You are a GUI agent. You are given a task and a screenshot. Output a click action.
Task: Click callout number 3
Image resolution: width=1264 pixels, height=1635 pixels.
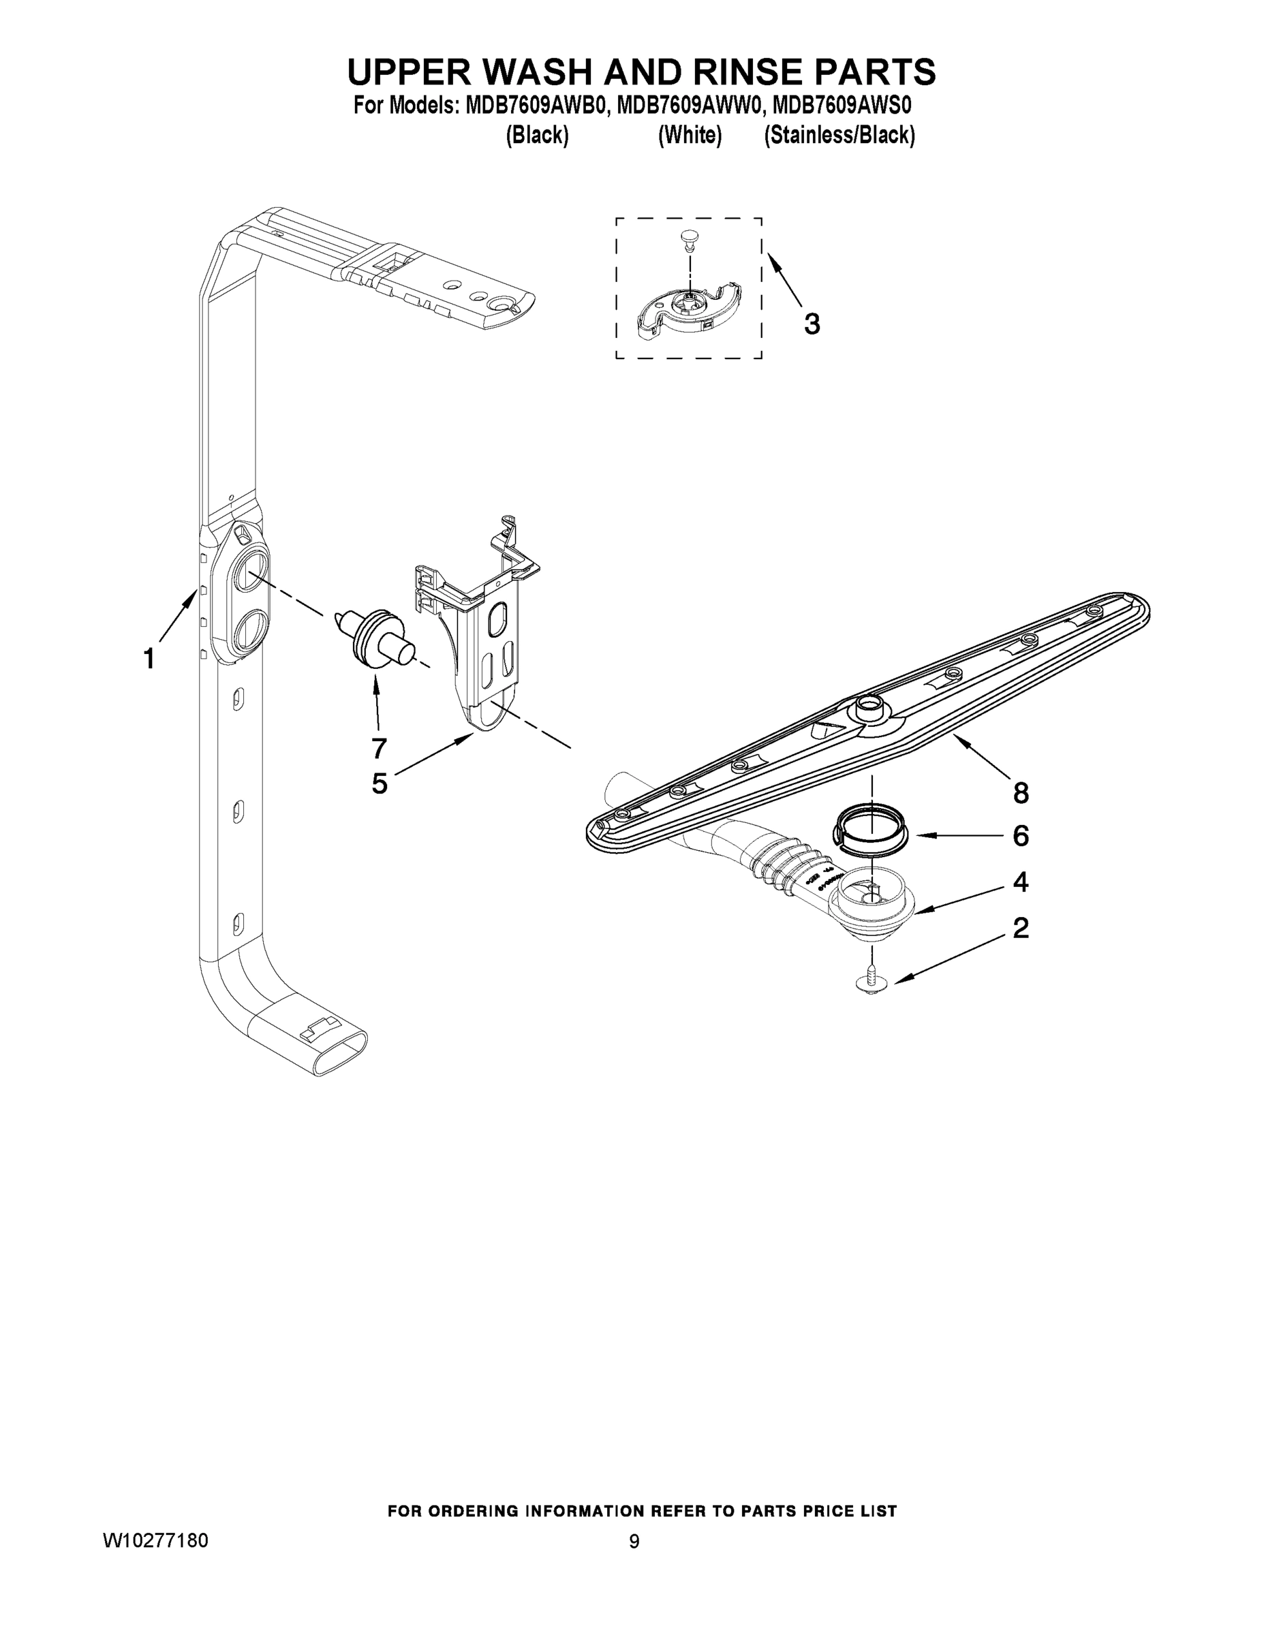click(812, 324)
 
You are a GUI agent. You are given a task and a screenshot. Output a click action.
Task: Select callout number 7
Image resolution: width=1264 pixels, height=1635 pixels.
click(379, 747)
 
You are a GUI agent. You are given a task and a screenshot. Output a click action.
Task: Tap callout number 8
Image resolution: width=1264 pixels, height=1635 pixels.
click(1021, 793)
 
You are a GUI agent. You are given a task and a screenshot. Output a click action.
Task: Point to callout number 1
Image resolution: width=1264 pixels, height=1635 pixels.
click(149, 659)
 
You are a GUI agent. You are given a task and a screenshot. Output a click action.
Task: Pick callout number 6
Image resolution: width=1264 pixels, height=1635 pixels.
click(1021, 835)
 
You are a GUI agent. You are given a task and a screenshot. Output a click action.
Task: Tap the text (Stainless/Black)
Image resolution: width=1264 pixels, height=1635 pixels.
click(839, 135)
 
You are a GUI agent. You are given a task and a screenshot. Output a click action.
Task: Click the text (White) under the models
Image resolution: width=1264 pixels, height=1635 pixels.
click(690, 135)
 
